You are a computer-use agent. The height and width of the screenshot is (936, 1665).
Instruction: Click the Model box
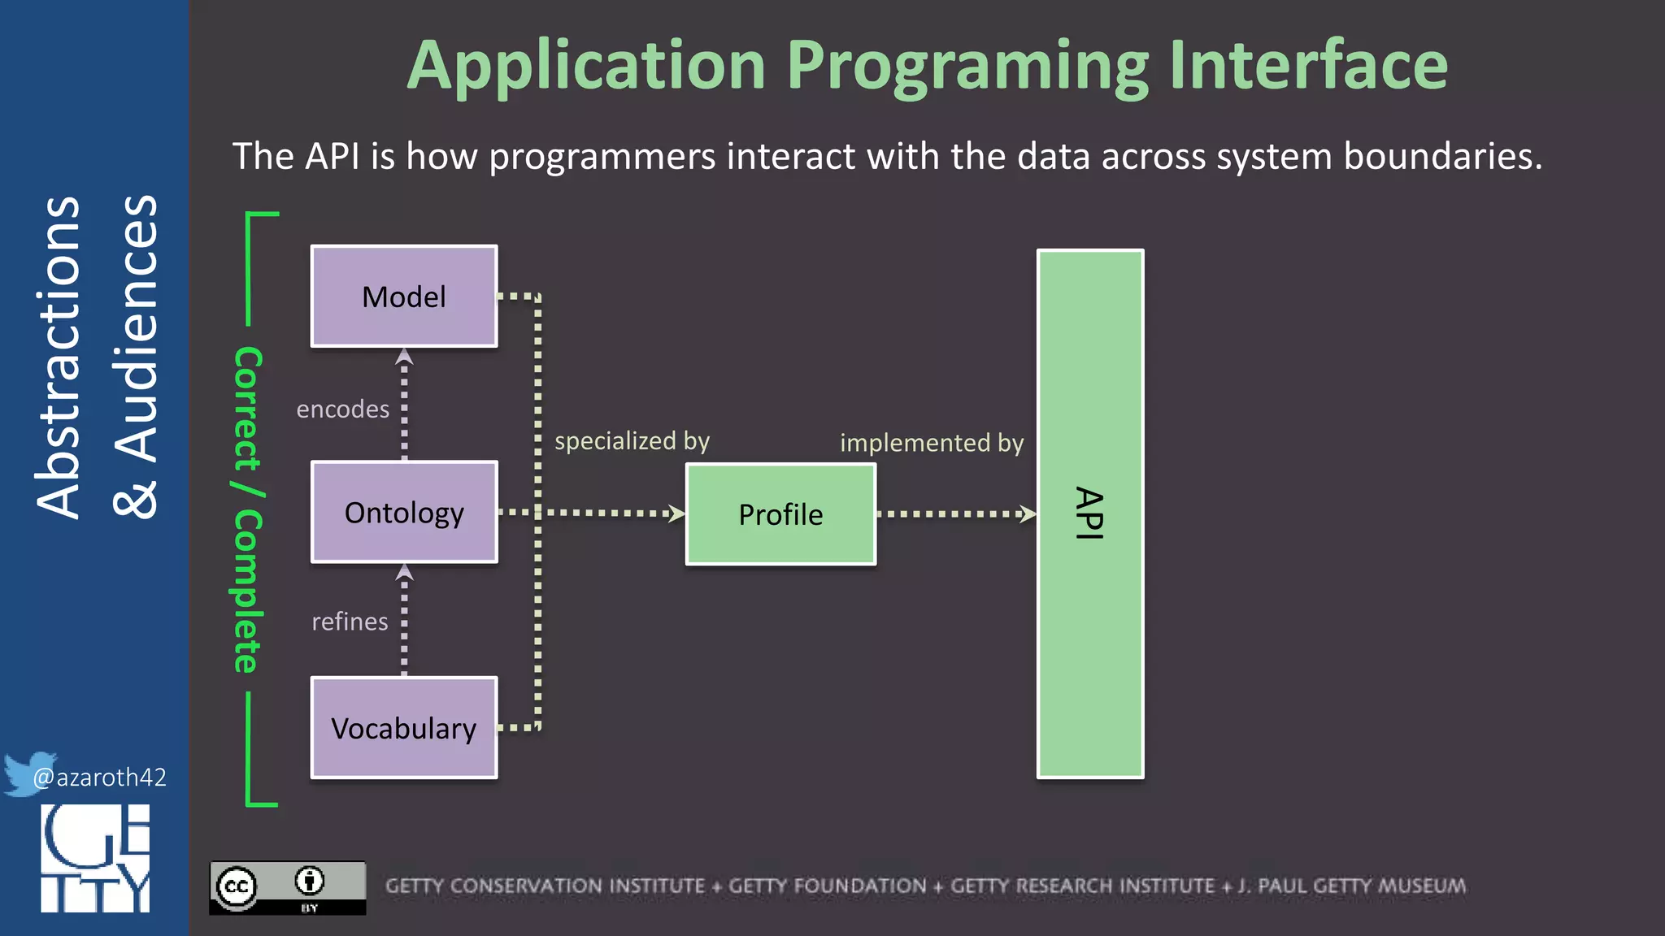(x=404, y=297)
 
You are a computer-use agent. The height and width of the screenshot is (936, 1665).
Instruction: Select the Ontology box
(x=404, y=513)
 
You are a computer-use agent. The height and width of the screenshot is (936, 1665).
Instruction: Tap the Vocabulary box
(x=404, y=728)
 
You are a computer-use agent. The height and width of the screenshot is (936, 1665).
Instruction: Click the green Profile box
(x=780, y=514)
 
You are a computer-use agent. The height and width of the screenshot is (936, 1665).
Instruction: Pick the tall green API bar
(x=1090, y=513)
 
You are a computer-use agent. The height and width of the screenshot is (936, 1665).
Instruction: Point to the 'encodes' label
(x=342, y=409)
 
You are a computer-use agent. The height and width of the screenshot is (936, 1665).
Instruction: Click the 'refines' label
(x=350, y=622)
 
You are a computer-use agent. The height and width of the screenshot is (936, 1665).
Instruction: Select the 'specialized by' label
(x=632, y=441)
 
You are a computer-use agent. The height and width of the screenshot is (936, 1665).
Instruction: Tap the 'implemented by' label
(x=932, y=443)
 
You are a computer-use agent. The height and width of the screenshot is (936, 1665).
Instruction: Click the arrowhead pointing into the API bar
(x=1028, y=513)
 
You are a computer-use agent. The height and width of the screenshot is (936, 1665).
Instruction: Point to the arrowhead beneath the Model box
(x=404, y=357)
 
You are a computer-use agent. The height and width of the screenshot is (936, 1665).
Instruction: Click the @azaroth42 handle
(x=99, y=778)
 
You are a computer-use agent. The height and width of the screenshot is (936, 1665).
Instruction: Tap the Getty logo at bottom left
(x=95, y=858)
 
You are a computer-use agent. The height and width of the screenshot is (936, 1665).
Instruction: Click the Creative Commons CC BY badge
(x=287, y=888)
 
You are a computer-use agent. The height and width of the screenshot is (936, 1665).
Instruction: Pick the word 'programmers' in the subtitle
(x=602, y=156)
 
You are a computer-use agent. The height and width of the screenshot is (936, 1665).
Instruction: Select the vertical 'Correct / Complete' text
(x=247, y=510)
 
